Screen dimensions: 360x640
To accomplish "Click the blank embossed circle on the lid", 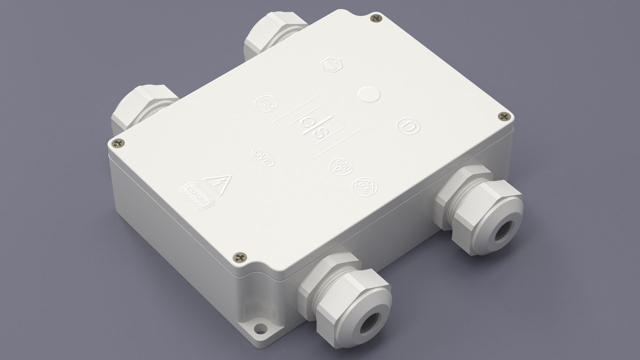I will coord(368,94).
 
